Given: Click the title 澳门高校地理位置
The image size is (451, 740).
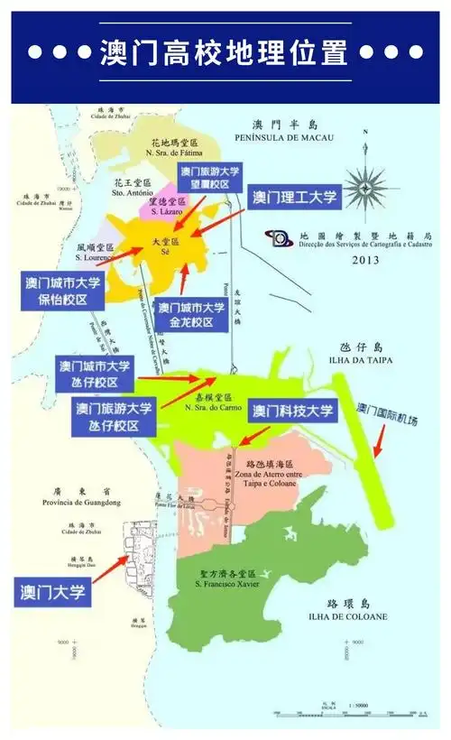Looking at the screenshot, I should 225,51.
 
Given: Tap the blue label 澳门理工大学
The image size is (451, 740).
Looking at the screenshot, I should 293,197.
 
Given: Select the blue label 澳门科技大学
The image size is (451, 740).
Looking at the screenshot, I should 293,412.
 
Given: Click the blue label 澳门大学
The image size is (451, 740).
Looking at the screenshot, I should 54,592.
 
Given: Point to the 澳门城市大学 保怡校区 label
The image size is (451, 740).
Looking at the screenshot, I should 61,291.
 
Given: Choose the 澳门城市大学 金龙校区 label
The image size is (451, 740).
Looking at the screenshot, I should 191,314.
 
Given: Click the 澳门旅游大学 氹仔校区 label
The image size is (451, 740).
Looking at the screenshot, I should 115,416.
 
